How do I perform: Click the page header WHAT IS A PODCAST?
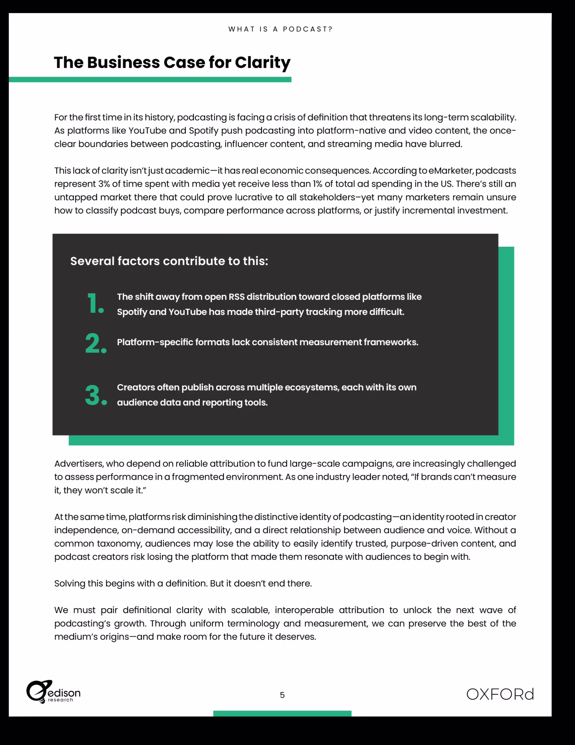(280, 29)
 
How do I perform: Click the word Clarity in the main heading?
(262, 63)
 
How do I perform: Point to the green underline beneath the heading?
(150, 79)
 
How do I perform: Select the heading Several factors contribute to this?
(169, 261)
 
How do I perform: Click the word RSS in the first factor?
(237, 297)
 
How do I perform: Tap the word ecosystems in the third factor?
(312, 388)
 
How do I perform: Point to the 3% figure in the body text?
(104, 184)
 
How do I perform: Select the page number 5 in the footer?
(282, 695)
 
